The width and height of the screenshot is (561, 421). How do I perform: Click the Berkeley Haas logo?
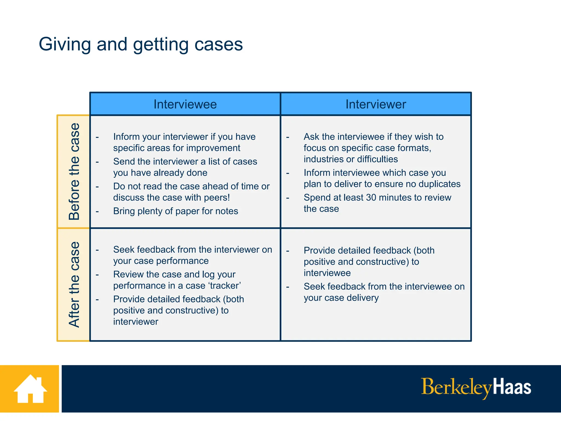[476, 387]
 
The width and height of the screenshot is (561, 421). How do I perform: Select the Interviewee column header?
[185, 104]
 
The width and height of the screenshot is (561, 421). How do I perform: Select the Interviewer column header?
[376, 104]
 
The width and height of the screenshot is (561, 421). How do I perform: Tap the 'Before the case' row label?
[74, 172]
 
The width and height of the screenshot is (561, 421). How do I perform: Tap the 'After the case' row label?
[74, 285]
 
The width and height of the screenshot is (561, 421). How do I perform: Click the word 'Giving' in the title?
[65, 44]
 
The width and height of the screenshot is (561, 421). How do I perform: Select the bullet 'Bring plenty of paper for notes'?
[176, 211]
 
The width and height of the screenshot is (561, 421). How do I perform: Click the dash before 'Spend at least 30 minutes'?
[288, 198]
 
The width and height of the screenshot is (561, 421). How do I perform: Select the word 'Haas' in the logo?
[512, 387]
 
